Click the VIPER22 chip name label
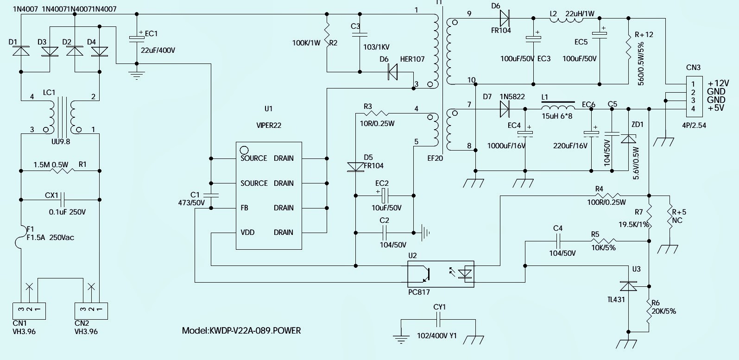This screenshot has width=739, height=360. pos(269,125)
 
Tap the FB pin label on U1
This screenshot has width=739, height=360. pos(244,208)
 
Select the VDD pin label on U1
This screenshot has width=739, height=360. pos(247,232)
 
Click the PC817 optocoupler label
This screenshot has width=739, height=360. pos(419,292)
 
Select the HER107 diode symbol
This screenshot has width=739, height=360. pos(393,72)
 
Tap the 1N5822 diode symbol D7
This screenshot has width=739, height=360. pos(505,109)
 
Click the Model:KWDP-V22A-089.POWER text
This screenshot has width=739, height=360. pos(241,331)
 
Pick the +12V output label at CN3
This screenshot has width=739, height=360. pos(718,83)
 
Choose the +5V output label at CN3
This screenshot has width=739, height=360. pos(716,108)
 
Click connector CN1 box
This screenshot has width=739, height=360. pos(29,310)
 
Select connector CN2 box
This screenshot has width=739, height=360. pos(91,310)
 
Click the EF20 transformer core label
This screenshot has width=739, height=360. pos(435,158)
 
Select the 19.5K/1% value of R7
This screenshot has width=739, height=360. pos(633,224)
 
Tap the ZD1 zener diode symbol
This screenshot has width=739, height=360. pos(628,139)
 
